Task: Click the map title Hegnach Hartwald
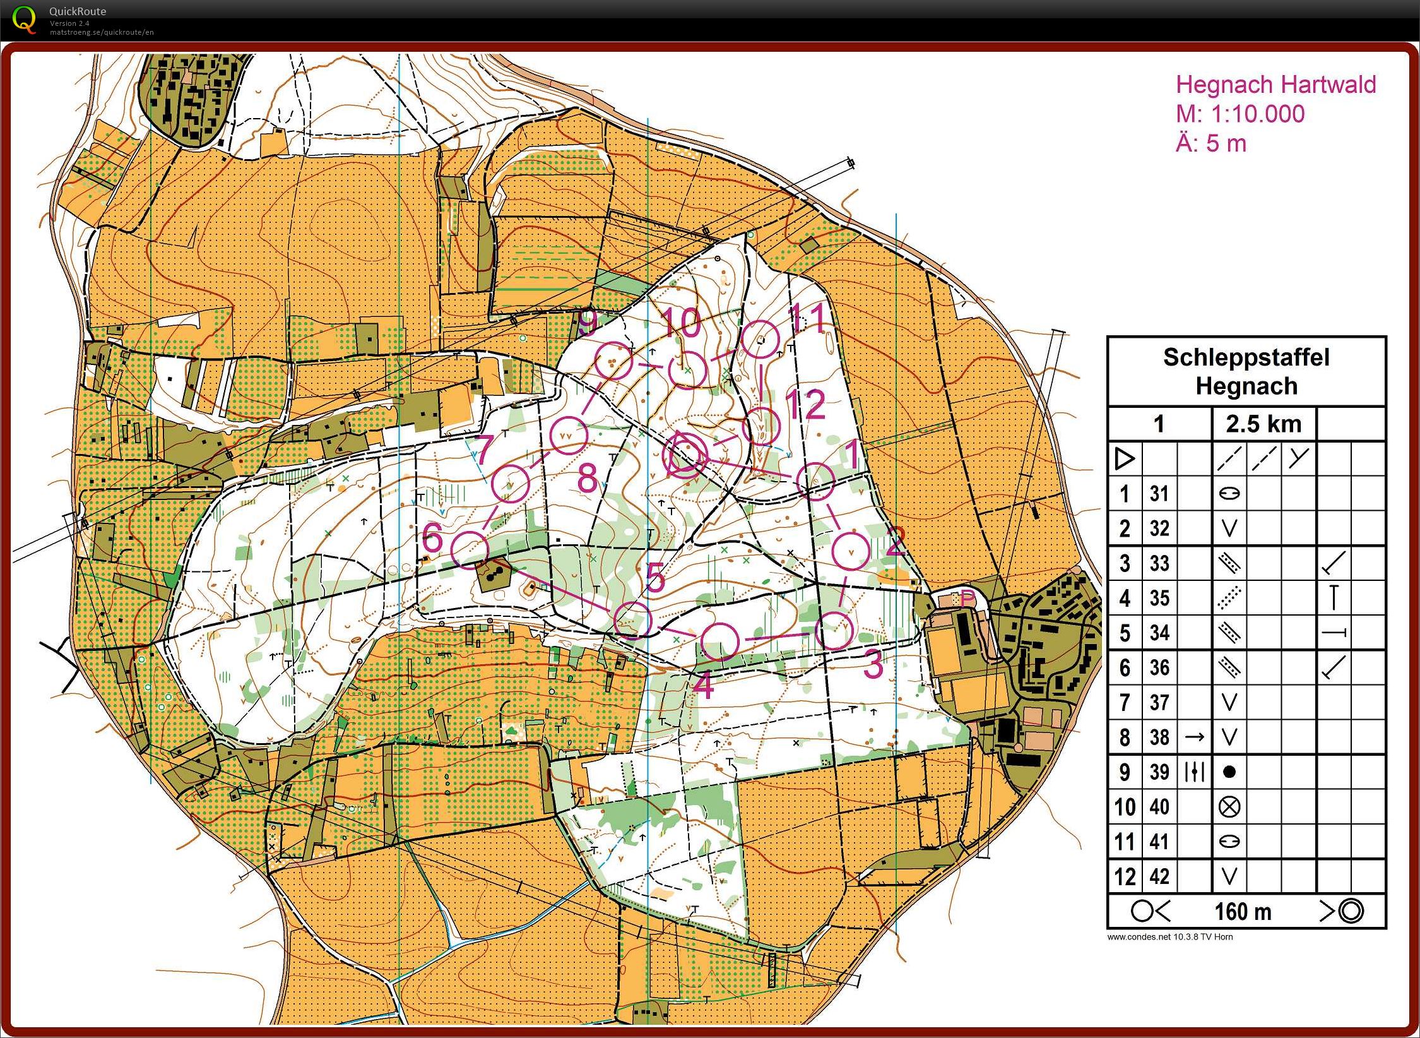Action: click(x=1275, y=85)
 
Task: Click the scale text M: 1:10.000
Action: click(x=1240, y=114)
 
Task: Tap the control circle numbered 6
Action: click(x=470, y=550)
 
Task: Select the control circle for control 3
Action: click(x=834, y=630)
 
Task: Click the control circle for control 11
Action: click(x=760, y=340)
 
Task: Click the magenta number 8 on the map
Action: click(x=587, y=478)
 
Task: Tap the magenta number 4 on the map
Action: click(x=703, y=685)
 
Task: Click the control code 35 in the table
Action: click(x=1159, y=598)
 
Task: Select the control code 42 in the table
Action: click(x=1159, y=876)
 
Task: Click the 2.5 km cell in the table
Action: click(x=1263, y=424)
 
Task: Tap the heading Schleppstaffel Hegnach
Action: click(x=1246, y=371)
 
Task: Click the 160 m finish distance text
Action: click(x=1243, y=912)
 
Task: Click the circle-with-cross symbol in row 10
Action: click(x=1229, y=806)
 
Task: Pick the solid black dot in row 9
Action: click(x=1229, y=772)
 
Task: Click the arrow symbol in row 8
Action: click(x=1194, y=737)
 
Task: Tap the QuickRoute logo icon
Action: click(x=24, y=18)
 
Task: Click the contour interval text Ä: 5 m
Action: click(x=1210, y=144)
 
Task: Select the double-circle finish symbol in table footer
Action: click(x=1351, y=911)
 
